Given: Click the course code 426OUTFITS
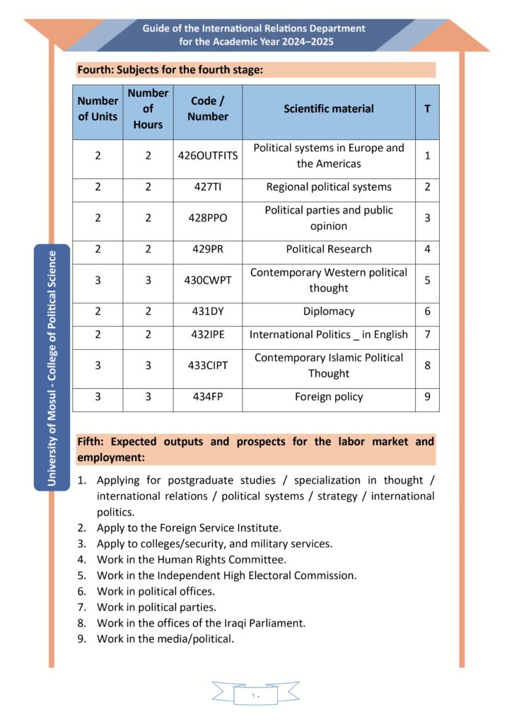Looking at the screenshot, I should point(207,156).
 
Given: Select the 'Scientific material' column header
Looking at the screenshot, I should point(329,109).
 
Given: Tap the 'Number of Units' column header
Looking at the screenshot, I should point(98,109).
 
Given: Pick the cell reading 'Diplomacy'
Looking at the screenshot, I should point(329,311).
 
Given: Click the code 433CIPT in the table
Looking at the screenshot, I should point(207,366).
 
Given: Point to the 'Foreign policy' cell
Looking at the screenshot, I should point(329,397).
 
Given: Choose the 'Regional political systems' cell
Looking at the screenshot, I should point(329,187).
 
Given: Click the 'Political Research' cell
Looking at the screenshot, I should point(329,249).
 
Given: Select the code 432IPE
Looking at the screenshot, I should point(207,334).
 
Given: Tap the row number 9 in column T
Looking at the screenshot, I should point(427,397).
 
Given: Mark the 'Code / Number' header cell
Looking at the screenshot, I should point(207,109).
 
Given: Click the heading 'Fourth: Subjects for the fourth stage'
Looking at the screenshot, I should point(170,70).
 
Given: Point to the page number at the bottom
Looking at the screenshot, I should point(255,696).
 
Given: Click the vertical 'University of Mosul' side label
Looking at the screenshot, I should point(52,368).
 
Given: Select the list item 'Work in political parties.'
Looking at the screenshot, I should point(156,607).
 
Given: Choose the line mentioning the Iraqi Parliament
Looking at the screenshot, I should point(202,623).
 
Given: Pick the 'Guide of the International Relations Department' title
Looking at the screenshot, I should point(254,29).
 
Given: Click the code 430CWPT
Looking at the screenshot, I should point(207,280).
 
